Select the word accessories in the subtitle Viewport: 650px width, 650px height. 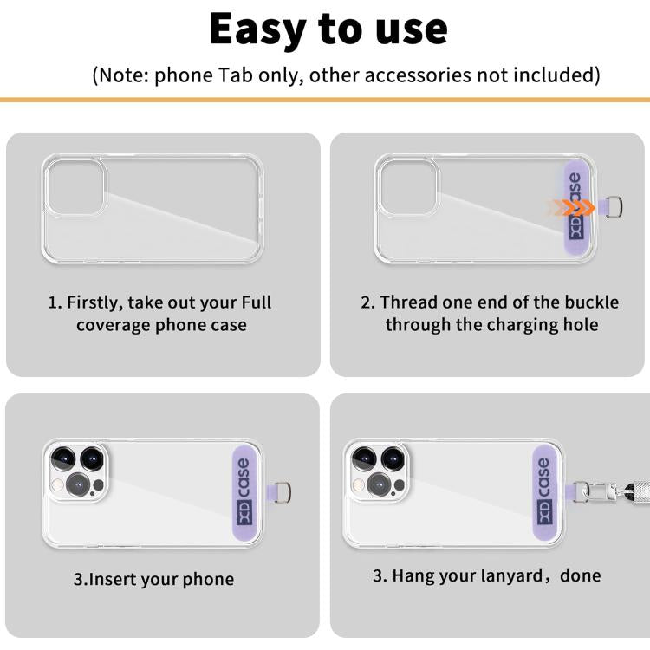[413, 75]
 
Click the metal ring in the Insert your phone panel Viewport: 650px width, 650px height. [282, 493]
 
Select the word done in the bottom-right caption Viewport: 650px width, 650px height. [580, 575]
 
